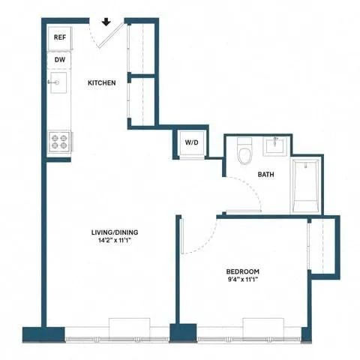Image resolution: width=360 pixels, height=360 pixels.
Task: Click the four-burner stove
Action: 60,140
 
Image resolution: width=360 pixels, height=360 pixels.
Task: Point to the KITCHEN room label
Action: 101,82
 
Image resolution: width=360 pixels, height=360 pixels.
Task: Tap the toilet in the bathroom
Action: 244,152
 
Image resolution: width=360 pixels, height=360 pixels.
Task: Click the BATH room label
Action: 266,175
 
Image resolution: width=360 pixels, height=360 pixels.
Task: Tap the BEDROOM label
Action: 243,271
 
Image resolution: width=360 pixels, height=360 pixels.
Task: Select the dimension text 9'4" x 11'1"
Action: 243,280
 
